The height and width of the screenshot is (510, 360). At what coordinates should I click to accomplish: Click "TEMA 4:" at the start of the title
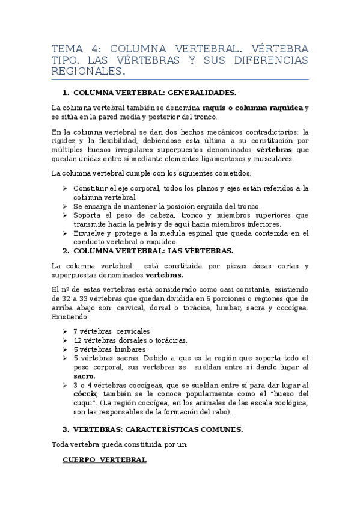[73, 48]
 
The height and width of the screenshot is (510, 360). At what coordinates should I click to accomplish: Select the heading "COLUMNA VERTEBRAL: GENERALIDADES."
[154, 93]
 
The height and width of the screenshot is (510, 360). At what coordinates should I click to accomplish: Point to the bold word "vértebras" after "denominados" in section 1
[276, 150]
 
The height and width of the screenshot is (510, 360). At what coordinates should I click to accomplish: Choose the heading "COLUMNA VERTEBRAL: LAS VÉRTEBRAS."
[153, 250]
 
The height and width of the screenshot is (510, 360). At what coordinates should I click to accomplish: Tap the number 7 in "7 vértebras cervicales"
[75, 331]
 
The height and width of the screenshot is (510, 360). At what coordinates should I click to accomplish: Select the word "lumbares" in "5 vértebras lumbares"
[129, 349]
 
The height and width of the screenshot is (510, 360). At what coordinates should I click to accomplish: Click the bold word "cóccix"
[85, 394]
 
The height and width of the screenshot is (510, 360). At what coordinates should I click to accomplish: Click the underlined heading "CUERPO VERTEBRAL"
[104, 460]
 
